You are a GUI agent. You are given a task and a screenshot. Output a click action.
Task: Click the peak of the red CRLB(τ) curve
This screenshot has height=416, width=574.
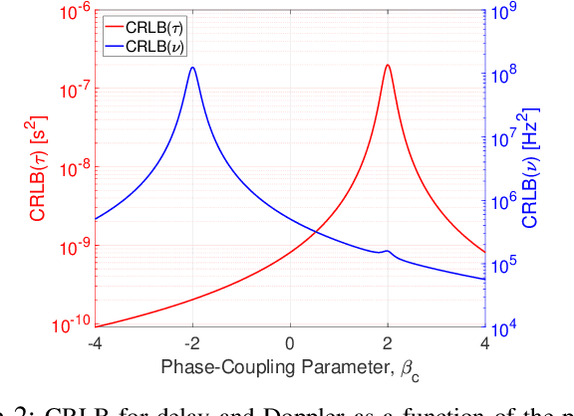tap(388, 66)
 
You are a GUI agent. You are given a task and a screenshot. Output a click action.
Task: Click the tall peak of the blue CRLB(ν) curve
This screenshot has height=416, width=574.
tap(192, 69)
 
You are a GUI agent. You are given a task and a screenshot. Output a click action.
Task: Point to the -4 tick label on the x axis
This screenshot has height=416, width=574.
tap(95, 344)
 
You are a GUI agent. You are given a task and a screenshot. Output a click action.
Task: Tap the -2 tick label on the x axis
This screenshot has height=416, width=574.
tap(191, 344)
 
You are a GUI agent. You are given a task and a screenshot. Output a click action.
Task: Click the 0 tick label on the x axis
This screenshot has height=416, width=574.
tap(290, 344)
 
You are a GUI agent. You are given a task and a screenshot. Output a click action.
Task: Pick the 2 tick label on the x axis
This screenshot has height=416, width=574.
tap(388, 344)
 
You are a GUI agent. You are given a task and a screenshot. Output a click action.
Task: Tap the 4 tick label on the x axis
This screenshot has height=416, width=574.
tap(485, 344)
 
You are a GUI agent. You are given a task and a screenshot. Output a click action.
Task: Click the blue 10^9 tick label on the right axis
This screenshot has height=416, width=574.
tap(504, 12)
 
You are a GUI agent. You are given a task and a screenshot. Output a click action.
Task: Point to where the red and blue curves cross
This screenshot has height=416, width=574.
tap(316, 232)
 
